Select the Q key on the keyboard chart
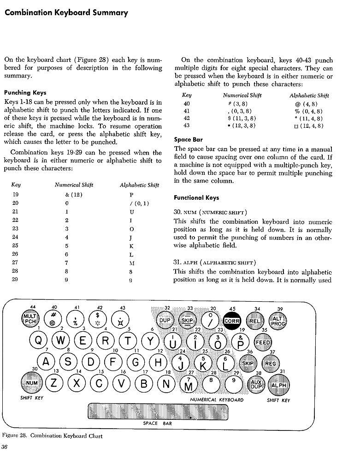[38, 341]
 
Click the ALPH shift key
[278, 385]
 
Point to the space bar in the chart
[158, 411]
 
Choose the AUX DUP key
[256, 384]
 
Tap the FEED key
[263, 343]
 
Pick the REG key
[271, 364]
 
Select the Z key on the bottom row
[54, 383]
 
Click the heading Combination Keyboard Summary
[66, 12]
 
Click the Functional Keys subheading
[196, 198]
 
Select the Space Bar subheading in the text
[188, 139]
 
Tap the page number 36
[6, 447]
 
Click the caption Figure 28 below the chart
[53, 436]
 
